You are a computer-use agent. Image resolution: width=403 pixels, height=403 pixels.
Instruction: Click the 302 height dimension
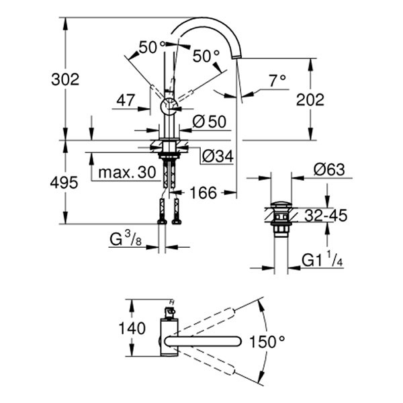(x=66, y=79)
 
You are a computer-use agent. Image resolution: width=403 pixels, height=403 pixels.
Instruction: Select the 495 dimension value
(x=66, y=182)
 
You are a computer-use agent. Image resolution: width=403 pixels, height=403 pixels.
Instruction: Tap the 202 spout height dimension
(x=310, y=99)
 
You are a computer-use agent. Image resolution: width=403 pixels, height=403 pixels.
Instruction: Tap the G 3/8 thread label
(x=127, y=238)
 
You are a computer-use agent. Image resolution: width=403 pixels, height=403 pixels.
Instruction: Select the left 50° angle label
(x=152, y=46)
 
